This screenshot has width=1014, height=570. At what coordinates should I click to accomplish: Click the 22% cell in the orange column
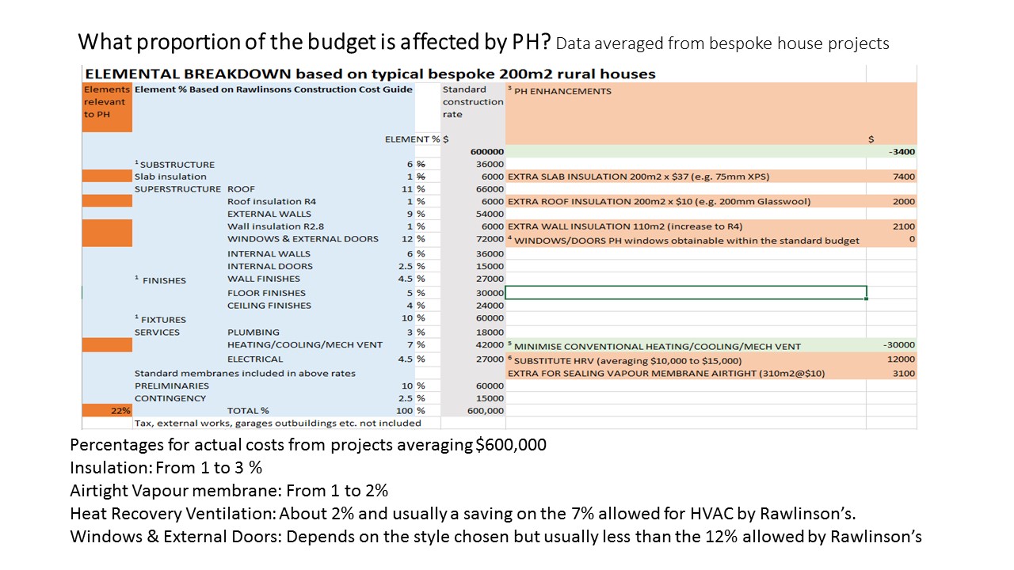click(107, 411)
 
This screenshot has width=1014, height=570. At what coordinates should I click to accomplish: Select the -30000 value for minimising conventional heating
click(898, 344)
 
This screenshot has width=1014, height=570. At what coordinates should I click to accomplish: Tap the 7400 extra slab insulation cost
click(904, 177)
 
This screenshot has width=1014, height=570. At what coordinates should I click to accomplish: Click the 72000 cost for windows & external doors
click(490, 239)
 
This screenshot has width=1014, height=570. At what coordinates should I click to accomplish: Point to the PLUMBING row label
click(253, 332)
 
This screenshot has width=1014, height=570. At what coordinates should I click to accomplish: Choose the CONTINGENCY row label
click(170, 398)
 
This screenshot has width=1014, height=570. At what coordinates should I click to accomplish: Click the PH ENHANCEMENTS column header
click(562, 91)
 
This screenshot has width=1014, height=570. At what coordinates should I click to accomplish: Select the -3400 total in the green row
click(902, 151)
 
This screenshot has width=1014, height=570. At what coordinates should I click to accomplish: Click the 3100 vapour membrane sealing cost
click(904, 373)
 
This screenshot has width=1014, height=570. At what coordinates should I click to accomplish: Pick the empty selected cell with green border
click(686, 293)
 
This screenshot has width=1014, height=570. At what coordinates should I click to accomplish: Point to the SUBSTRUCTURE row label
click(177, 165)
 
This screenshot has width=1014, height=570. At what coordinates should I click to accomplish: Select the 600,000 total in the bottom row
click(486, 411)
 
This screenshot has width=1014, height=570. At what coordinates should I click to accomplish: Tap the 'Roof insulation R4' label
click(272, 201)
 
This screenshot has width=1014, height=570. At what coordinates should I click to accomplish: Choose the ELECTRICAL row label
click(255, 359)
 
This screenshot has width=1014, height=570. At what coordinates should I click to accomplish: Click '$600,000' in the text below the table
click(511, 445)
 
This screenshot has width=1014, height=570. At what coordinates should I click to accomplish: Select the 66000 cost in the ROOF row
click(490, 189)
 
